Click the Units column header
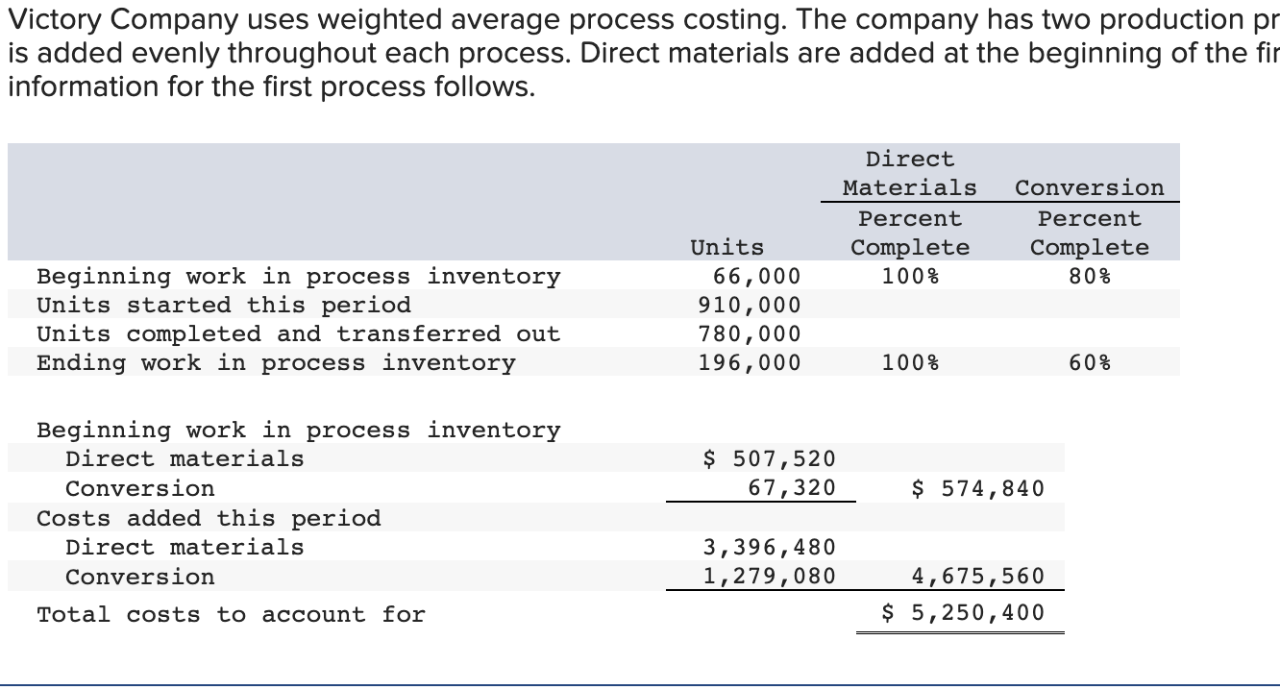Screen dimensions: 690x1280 tap(727, 248)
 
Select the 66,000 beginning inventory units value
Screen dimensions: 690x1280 tap(756, 277)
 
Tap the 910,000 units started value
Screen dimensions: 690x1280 tap(749, 306)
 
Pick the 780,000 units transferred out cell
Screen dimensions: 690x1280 tap(749, 334)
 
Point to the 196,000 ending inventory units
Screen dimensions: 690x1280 tap(749, 363)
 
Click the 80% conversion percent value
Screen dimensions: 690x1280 tap(1090, 277)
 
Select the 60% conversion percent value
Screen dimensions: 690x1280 tap(1090, 363)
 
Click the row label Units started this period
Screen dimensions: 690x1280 tap(224, 306)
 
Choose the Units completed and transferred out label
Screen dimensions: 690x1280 tap(298, 334)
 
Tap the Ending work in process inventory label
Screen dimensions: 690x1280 tap(276, 363)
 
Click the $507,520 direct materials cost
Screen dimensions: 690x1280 tap(770, 459)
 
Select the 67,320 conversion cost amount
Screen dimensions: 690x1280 tap(792, 488)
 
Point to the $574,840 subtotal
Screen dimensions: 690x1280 tap(977, 488)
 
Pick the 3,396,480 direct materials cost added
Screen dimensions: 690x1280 tap(770, 548)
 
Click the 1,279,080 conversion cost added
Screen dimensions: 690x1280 tap(770, 577)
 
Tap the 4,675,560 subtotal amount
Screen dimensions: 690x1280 tap(977, 577)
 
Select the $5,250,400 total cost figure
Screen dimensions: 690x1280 tap(963, 613)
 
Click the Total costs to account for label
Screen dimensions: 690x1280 tap(231, 615)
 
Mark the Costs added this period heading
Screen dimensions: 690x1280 tap(209, 519)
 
